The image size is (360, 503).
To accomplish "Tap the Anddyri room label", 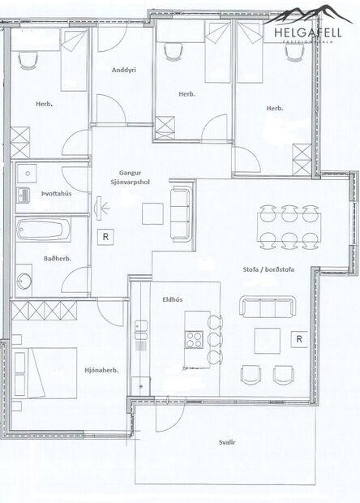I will coord(123,71).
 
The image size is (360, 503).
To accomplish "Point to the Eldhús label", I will coord(172,299).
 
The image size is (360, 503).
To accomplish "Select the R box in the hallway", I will coord(105,237).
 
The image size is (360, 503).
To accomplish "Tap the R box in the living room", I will coord(299,338).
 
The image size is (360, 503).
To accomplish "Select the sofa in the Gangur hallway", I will coord(179,213).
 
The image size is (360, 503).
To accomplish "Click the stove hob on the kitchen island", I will coord(195,340).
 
